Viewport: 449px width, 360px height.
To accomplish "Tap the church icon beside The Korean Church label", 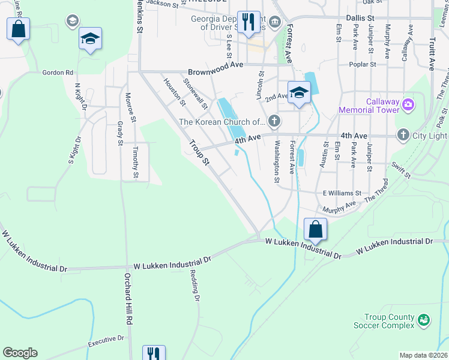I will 274,121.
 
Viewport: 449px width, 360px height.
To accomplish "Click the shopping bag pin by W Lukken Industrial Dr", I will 315,229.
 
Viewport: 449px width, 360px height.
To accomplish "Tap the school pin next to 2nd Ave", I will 298,92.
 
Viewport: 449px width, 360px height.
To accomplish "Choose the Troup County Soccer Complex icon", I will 424,320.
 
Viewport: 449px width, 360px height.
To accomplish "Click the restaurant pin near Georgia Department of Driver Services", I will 248,23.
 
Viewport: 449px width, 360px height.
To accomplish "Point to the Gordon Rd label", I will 58,73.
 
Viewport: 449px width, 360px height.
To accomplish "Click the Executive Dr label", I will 106,341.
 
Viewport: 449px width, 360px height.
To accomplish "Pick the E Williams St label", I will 342,193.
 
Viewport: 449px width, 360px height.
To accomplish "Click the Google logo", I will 20,353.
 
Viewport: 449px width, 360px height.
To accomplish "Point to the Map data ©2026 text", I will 423,355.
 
